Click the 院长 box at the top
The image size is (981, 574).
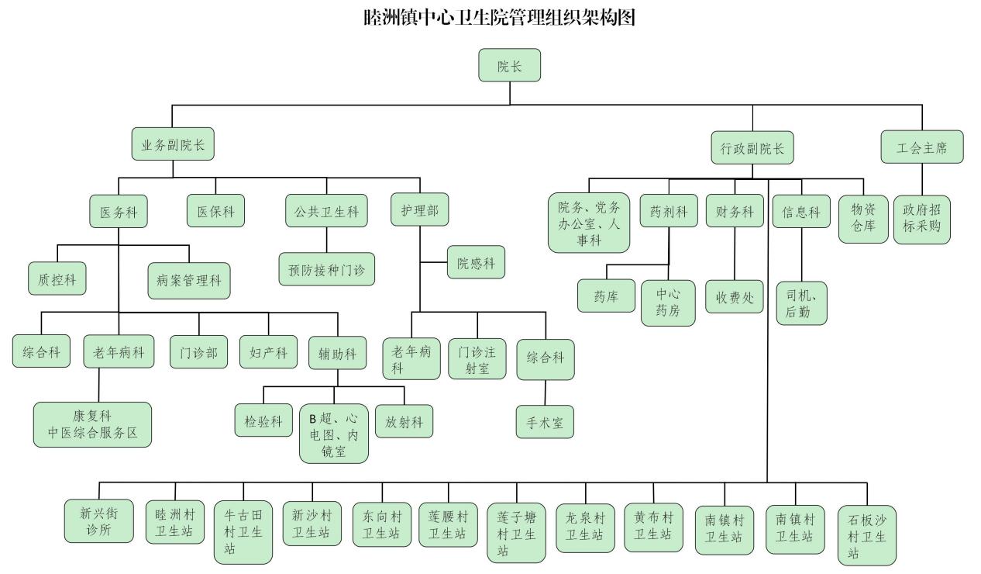click(x=509, y=66)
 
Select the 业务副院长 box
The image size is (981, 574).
click(x=173, y=145)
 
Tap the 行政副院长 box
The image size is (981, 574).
click(x=752, y=148)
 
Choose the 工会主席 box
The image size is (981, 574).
click(x=922, y=147)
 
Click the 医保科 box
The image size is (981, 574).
click(x=216, y=211)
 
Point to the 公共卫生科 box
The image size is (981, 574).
click(x=326, y=211)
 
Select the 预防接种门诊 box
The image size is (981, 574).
click(x=326, y=269)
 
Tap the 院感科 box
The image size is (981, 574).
click(x=476, y=264)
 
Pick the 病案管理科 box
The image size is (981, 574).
click(x=189, y=281)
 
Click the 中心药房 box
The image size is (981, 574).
click(x=668, y=303)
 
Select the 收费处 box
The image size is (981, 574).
click(x=735, y=297)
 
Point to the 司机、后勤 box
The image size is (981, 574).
click(x=801, y=303)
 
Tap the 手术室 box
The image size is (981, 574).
click(x=546, y=422)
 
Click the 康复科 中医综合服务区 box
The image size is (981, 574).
click(x=93, y=424)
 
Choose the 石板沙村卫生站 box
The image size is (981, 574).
click(x=867, y=535)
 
